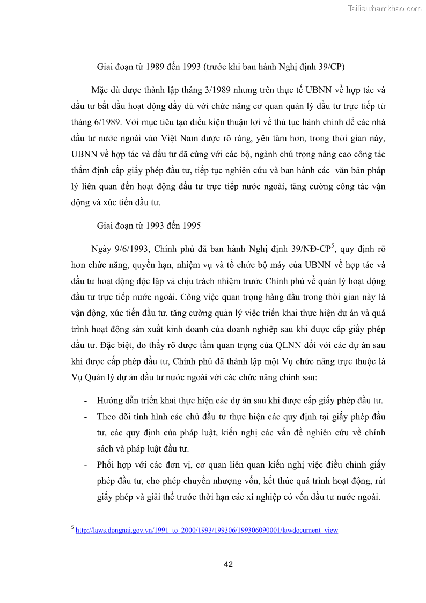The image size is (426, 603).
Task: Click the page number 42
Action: coord(228,564)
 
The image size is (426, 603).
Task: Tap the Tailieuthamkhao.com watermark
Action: coord(384,8)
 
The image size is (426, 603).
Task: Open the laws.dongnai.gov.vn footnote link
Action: coord(207,530)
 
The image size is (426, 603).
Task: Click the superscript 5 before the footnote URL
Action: coord(72,528)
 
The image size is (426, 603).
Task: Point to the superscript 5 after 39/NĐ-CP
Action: coord(333,246)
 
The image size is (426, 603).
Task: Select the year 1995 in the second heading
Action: coord(192,226)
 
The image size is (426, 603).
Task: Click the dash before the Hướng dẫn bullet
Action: coord(86,401)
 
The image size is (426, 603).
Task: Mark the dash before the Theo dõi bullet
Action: coord(86,417)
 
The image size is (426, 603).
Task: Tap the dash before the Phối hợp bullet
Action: coord(86,465)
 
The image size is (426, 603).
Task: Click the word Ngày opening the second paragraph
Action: coord(102,249)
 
